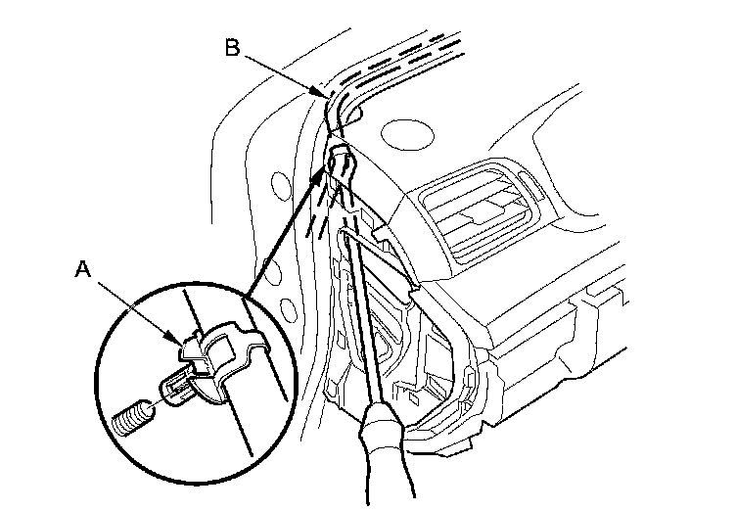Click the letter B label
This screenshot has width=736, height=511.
coord(232,48)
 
